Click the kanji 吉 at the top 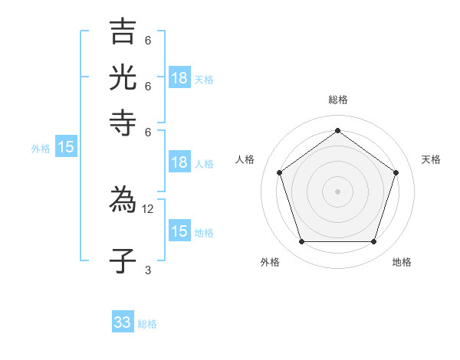(123, 32)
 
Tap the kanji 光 (123, 77)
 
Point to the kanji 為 (123, 201)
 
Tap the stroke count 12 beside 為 (148, 209)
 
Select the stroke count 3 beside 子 (148, 270)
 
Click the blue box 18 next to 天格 (179, 78)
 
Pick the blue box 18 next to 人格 (179, 162)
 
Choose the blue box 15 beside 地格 (179, 231)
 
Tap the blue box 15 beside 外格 (66, 148)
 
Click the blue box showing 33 (123, 322)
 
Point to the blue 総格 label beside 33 (148, 324)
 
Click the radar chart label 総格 (337, 100)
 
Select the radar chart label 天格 (431, 159)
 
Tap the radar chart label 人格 (245, 159)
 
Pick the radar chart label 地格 (402, 262)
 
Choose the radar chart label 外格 (270, 262)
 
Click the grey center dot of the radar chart (337, 191)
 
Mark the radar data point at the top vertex (337, 130)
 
